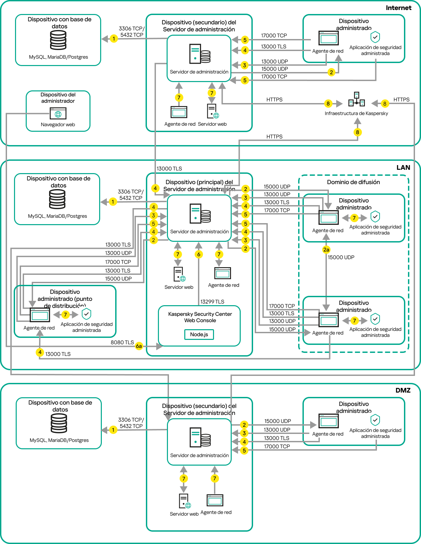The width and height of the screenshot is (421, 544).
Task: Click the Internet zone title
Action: coord(398,8)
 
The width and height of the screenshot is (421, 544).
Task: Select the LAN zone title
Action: coord(403,167)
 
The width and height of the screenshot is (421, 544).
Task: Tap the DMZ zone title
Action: coord(403,390)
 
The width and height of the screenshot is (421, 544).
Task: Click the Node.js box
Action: coord(199,335)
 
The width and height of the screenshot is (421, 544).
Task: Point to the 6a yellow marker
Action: coord(139,346)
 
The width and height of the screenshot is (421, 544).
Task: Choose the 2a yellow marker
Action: coord(326,249)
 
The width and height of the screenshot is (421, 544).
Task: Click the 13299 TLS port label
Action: coord(212,302)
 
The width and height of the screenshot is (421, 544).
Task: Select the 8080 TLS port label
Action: coord(122,343)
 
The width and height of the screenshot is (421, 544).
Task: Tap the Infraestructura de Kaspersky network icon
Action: coord(357,99)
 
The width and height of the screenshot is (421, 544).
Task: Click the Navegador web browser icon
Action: coord(58,113)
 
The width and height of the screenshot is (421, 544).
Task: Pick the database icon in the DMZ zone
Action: coord(59,423)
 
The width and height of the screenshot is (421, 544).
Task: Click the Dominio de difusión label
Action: coord(353,182)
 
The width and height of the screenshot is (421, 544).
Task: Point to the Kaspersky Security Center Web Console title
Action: coord(200,317)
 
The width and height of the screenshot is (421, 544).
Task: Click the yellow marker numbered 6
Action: coord(199,254)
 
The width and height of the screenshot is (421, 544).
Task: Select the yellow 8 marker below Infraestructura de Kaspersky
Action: coord(357,132)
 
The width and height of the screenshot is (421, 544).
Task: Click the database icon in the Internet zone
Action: coord(58,40)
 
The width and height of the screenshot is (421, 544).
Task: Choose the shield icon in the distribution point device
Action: coord(86,314)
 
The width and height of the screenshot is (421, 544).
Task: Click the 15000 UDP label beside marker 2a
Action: coord(341,257)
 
